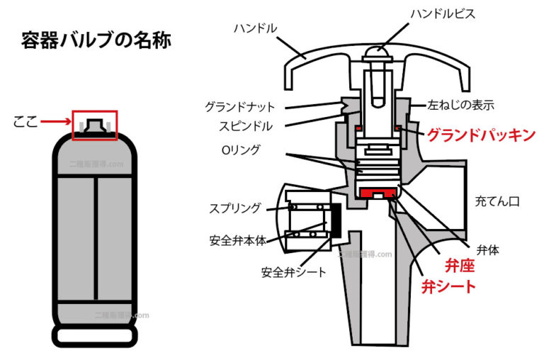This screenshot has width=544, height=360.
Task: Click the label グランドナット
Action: click(237, 107)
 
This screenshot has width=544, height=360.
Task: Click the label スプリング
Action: click(234, 208)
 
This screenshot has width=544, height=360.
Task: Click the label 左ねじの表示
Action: click(460, 105)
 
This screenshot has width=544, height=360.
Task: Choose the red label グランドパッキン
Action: click(480, 135)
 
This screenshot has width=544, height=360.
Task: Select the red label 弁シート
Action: click(448, 287)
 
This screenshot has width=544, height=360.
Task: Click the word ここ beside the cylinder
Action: click(25, 123)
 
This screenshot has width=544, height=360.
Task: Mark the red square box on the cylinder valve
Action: click(94, 125)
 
